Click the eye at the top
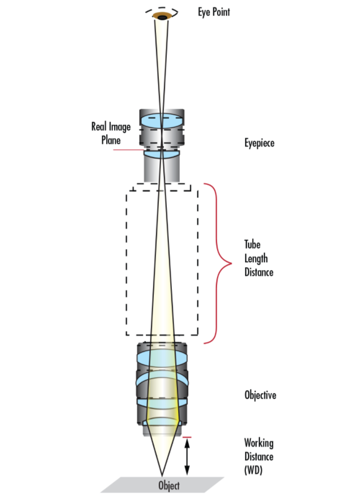click(162, 16)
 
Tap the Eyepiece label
click(259, 143)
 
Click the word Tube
click(251, 245)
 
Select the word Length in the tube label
click(256, 258)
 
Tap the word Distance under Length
click(259, 272)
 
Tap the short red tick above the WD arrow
click(188, 437)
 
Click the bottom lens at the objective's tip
click(162, 423)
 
